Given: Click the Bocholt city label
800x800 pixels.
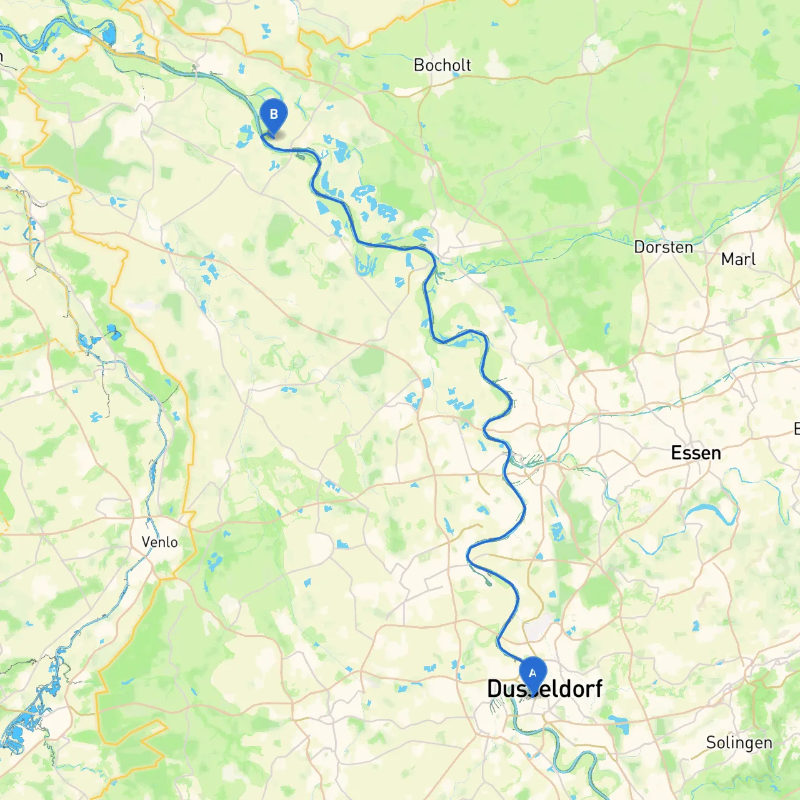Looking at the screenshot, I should click(x=442, y=65).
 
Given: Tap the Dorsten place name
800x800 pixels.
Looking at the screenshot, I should click(x=663, y=247).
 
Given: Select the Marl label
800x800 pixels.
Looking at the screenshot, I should click(x=738, y=259).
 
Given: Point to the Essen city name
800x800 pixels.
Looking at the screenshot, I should click(x=696, y=452).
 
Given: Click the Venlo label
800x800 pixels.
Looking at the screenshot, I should click(x=159, y=542).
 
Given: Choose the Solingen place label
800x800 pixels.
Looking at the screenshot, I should click(x=739, y=742).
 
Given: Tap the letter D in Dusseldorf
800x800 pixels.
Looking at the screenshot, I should click(x=494, y=689).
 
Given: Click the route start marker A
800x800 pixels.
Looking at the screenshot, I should click(x=532, y=674).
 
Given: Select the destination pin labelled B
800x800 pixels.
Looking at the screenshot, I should click(x=273, y=115).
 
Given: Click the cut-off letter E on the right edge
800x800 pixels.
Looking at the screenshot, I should click(x=797, y=429).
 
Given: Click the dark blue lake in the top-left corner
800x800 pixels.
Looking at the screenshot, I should click(x=109, y=32).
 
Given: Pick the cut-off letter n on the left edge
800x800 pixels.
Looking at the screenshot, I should click(x=1, y=56).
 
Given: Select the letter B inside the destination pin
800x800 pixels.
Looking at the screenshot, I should click(x=273, y=114).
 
